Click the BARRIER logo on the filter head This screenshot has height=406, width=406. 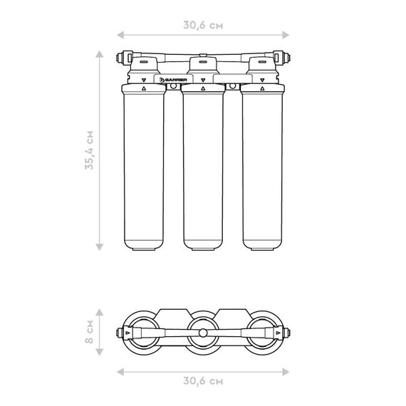pos(173,80)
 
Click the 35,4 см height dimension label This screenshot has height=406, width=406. pos(89,150)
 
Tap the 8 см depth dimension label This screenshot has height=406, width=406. pos(89,332)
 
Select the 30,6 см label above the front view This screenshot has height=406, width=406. pos(203,26)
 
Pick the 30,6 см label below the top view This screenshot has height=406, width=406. pos(203,381)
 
